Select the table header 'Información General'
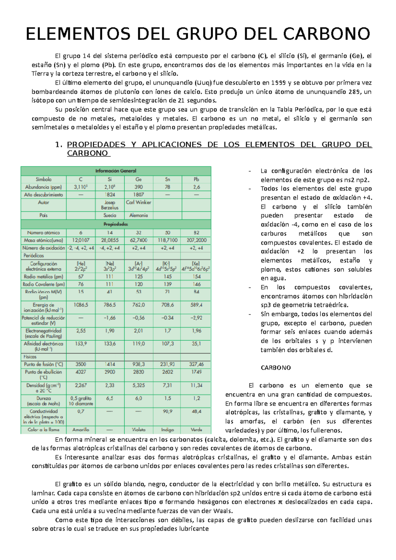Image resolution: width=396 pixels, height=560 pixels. click(x=116, y=171)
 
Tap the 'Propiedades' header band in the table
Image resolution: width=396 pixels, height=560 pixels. click(x=116, y=224)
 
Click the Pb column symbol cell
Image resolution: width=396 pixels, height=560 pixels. click(x=196, y=179)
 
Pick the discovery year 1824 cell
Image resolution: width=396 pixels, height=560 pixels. click(x=110, y=195)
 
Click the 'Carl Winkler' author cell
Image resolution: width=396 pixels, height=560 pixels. click(x=139, y=202)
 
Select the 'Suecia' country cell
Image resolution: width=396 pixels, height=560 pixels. click(x=110, y=215)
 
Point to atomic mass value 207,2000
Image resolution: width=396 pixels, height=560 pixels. click(x=196, y=240)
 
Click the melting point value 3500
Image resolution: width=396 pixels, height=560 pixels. click(x=81, y=364)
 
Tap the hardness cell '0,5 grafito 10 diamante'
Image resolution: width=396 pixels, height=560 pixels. click(x=81, y=401)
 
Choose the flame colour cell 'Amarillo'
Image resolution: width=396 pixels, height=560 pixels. click(x=81, y=430)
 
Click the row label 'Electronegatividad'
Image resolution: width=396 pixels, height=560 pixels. click(x=43, y=330)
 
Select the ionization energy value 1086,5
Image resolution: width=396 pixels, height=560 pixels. click(x=81, y=305)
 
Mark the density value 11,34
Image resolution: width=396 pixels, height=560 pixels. click(x=196, y=385)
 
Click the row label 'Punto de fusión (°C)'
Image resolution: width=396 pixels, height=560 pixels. click(x=43, y=364)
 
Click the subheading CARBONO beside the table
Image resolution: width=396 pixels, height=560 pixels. click(x=276, y=368)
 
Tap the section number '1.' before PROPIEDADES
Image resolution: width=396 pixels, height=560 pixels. click(x=59, y=145)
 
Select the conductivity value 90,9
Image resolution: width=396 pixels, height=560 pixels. click(x=168, y=411)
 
